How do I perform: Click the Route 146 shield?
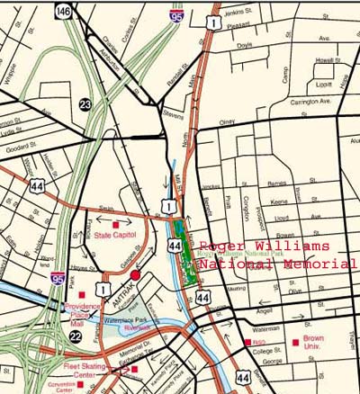coord(62,11)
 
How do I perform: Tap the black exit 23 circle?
coord(85,105)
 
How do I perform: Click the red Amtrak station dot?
coord(135,274)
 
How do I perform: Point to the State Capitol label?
coord(115,236)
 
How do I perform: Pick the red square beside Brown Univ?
coord(295,342)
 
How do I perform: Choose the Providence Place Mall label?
coord(82,311)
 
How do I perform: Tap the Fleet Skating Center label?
coord(88,369)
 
